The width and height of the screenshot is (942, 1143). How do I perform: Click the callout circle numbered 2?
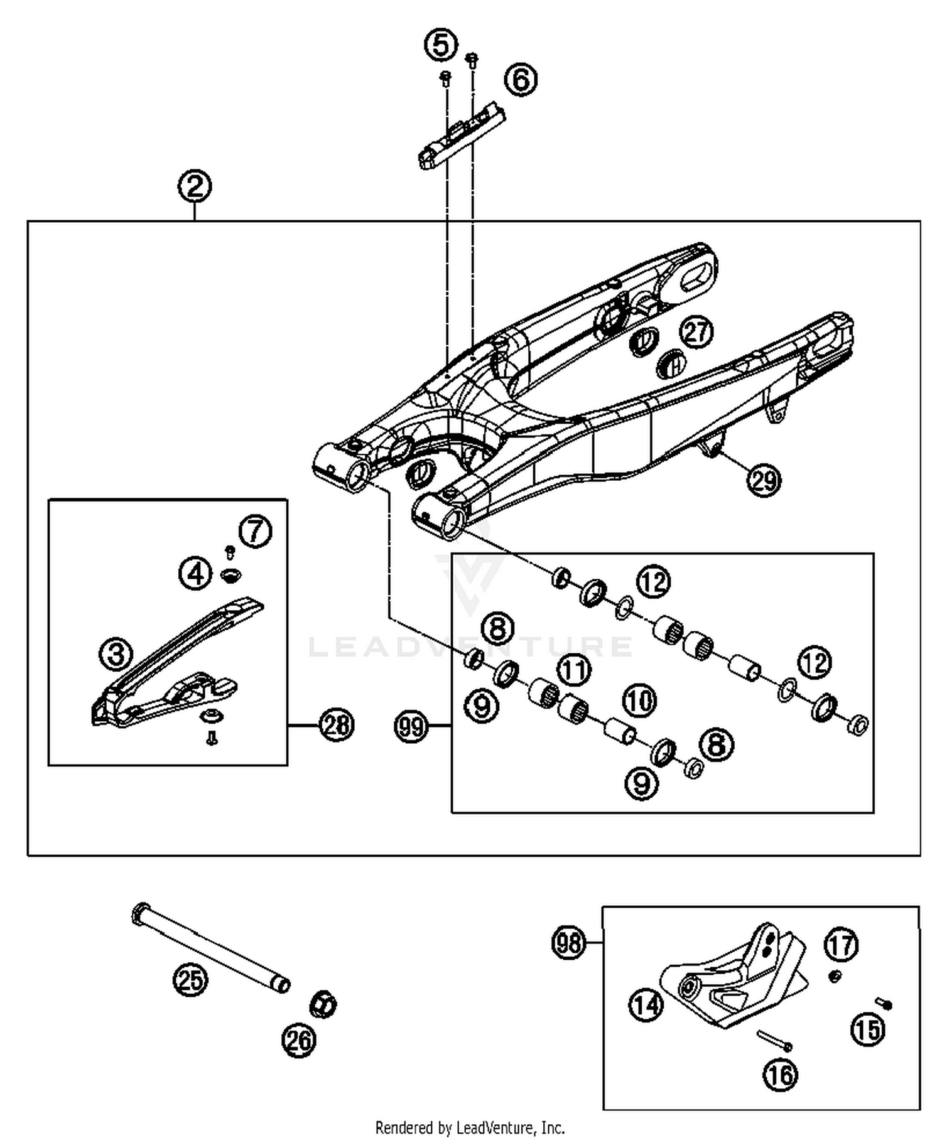point(194,186)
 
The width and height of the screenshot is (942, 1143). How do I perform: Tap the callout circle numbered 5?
point(441,45)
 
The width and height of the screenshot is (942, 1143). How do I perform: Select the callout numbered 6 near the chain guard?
point(521,80)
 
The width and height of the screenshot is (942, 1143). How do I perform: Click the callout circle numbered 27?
point(696,331)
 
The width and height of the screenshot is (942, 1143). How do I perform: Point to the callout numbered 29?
point(764,481)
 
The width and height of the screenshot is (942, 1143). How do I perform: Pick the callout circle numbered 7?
point(256,531)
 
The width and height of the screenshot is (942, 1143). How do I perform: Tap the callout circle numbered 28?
point(337,725)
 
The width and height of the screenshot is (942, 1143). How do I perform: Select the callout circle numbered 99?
point(411,727)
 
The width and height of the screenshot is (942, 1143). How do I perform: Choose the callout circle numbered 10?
point(639,700)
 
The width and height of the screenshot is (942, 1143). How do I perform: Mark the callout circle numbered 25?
point(190,979)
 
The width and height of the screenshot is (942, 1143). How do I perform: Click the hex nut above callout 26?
point(323,1004)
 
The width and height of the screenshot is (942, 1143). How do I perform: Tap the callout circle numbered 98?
point(568,943)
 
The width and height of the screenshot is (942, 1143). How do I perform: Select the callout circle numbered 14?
point(646,1005)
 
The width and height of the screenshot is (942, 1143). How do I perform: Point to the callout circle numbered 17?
point(842,945)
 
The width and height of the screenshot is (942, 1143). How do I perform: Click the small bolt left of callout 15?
point(884,1004)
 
